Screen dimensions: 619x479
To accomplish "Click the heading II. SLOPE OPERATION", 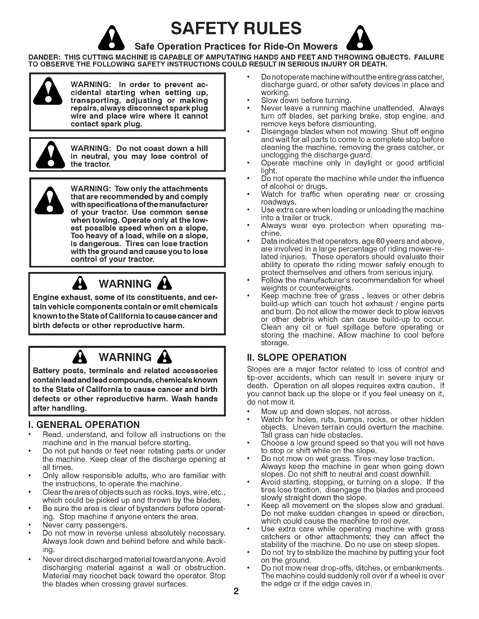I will [x=297, y=357].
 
